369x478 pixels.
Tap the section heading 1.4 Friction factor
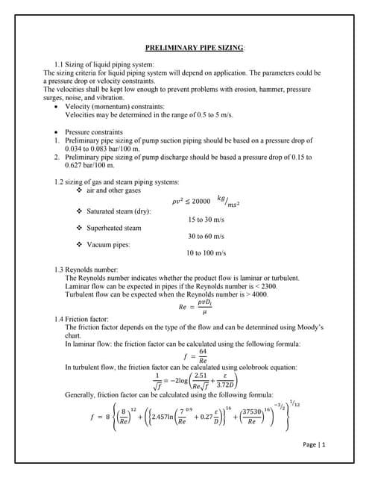79,319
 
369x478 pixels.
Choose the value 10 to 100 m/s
206,253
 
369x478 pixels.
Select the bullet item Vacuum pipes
108,244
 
